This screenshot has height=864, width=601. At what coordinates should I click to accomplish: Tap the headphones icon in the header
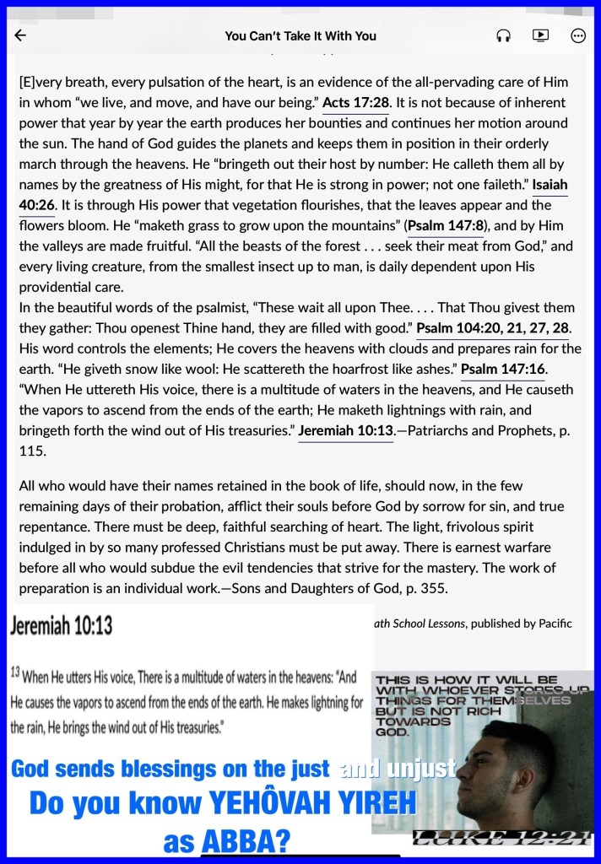click(504, 35)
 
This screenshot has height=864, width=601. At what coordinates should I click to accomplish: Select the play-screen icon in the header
click(540, 35)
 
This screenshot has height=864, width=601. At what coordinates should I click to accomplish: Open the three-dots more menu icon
click(578, 35)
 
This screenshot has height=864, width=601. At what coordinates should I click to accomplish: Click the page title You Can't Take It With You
click(300, 36)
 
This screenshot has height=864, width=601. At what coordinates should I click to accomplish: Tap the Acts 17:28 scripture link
click(355, 103)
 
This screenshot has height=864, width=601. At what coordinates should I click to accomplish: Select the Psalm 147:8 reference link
click(445, 226)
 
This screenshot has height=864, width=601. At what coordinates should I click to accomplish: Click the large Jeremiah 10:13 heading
click(62, 625)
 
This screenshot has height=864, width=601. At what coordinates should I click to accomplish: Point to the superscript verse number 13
click(15, 673)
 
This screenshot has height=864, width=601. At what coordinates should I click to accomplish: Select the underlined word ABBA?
click(245, 840)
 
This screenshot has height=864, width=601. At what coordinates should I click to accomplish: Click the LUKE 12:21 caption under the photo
click(503, 838)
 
